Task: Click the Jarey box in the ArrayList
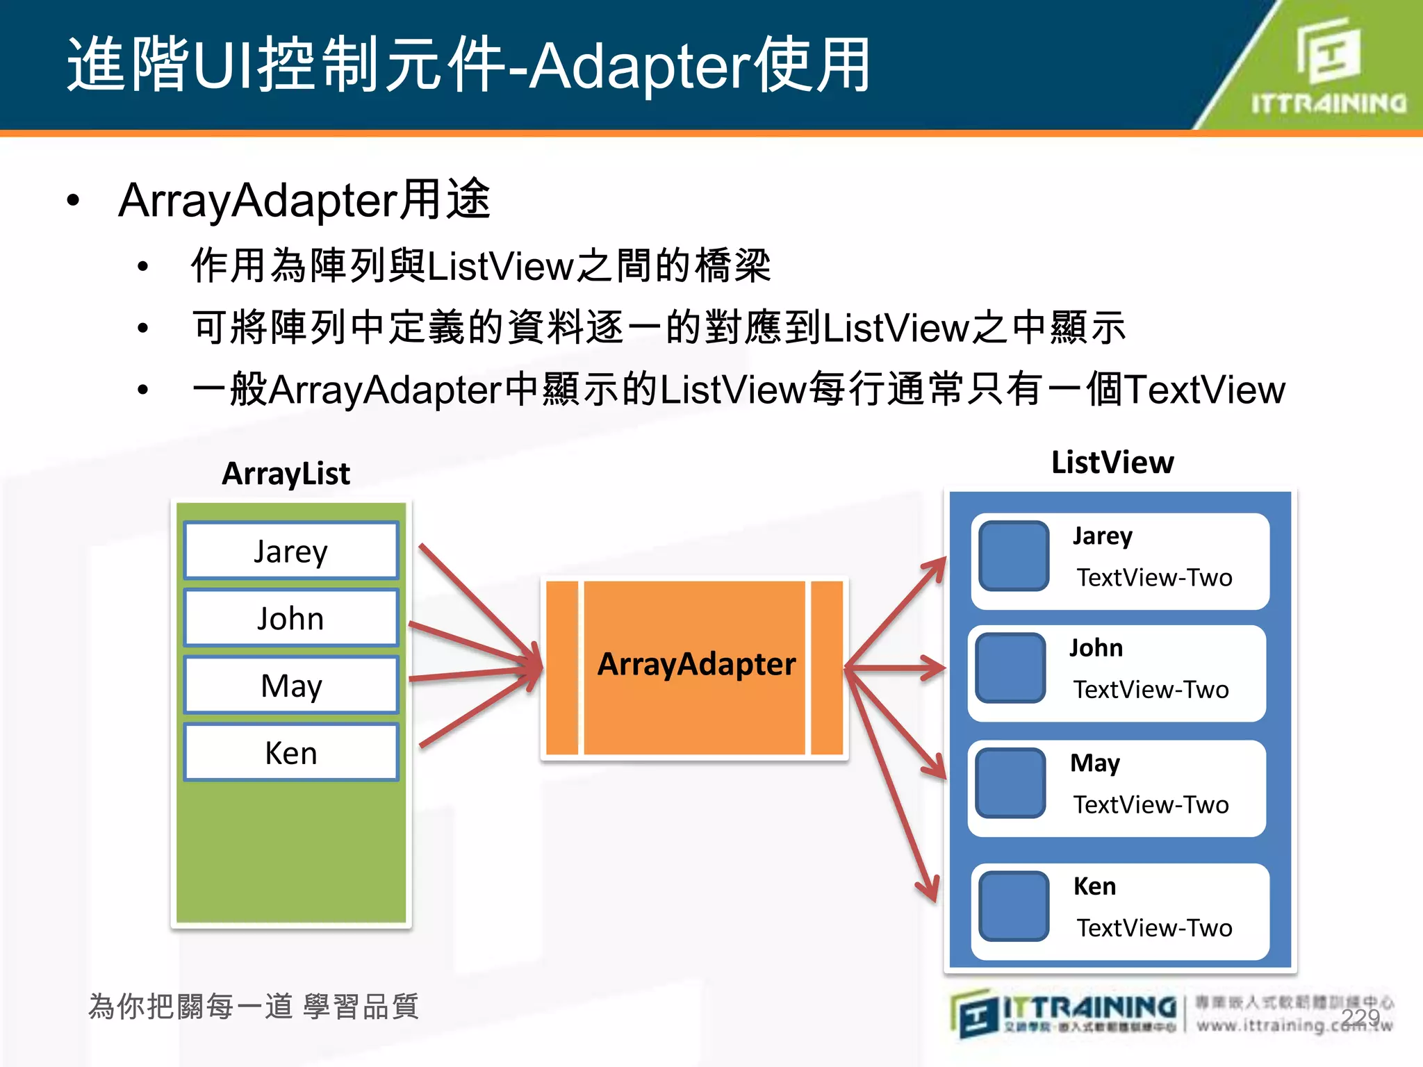291,551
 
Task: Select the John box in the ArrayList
291,618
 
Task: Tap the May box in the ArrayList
291,686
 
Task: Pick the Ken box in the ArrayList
291,753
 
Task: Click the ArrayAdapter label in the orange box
696,664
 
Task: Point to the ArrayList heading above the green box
286,474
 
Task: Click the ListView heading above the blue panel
1112,463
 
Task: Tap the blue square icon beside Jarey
1014,556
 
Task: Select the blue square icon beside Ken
1014,906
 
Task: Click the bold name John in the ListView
1096,647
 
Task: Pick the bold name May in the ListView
1095,763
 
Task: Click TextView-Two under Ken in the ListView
1154,928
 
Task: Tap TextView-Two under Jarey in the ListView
1154,578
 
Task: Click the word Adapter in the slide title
640,66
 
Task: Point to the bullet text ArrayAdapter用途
304,200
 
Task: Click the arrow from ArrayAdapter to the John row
896,668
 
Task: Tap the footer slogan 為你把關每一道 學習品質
254,1007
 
